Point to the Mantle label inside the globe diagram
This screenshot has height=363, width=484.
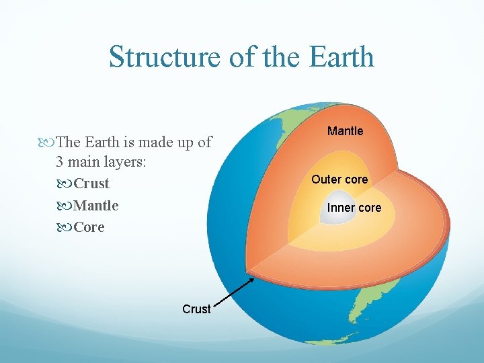pos(345,131)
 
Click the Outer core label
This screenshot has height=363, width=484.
pos(339,179)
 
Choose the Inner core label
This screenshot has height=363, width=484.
pos(354,208)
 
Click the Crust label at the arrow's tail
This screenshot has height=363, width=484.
pos(196,309)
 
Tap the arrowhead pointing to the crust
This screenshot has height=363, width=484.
pos(251,276)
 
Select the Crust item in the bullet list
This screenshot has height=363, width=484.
pos(91,184)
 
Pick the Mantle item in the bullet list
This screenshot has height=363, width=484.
pos(96,205)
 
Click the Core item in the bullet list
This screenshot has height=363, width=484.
pos(89,227)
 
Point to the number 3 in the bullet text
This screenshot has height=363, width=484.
pos(61,163)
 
